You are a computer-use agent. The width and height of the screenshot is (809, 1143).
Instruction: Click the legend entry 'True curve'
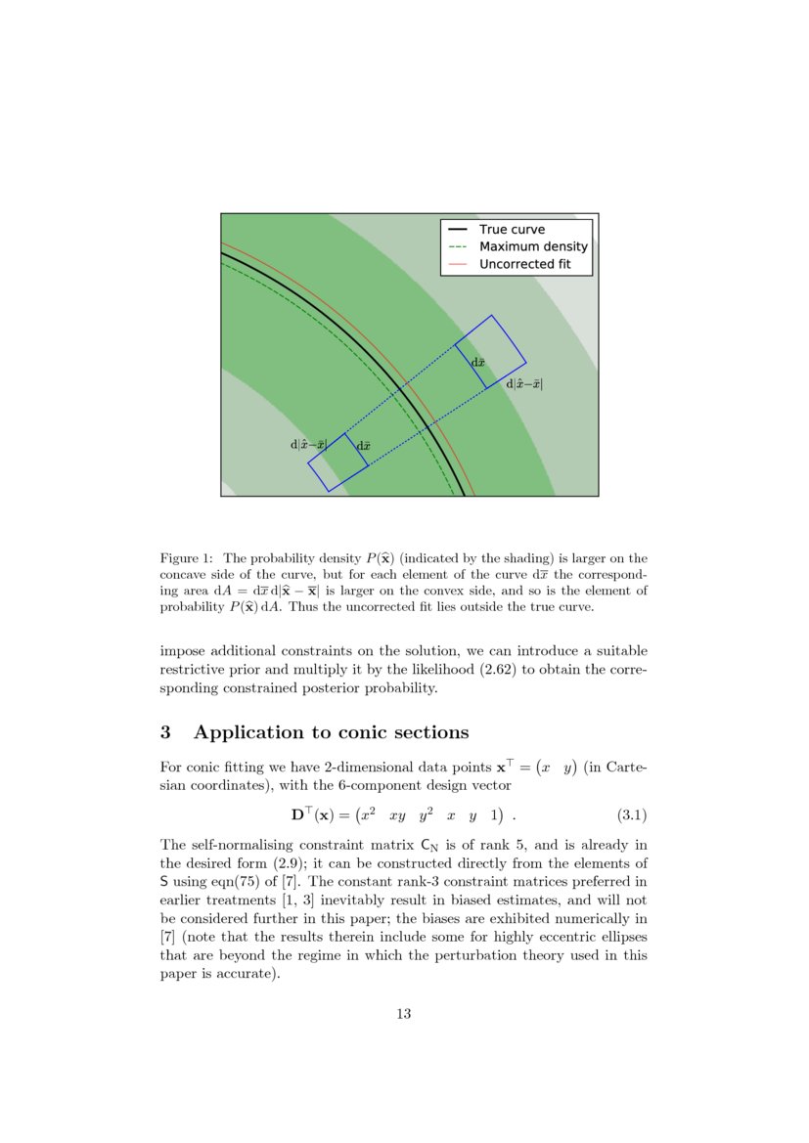click(512, 230)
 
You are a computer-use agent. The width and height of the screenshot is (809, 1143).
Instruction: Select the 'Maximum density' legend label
click(533, 247)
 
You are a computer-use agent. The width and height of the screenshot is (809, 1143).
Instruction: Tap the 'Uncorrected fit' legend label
click(524, 265)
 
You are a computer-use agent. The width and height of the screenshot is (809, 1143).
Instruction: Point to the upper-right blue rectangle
click(490, 352)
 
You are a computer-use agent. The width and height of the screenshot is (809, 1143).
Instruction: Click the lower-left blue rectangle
click(337, 462)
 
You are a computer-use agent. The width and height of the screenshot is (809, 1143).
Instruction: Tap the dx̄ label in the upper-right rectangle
click(478, 363)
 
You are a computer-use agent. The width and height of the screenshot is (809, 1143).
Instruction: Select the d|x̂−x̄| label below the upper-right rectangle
click(523, 384)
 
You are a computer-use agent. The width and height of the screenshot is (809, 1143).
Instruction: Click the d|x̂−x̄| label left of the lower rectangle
click(308, 444)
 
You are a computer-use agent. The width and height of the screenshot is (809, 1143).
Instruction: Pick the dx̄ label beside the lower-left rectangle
click(363, 446)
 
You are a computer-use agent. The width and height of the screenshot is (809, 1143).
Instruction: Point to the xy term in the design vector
click(397, 814)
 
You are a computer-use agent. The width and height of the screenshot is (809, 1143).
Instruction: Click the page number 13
click(403, 1014)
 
